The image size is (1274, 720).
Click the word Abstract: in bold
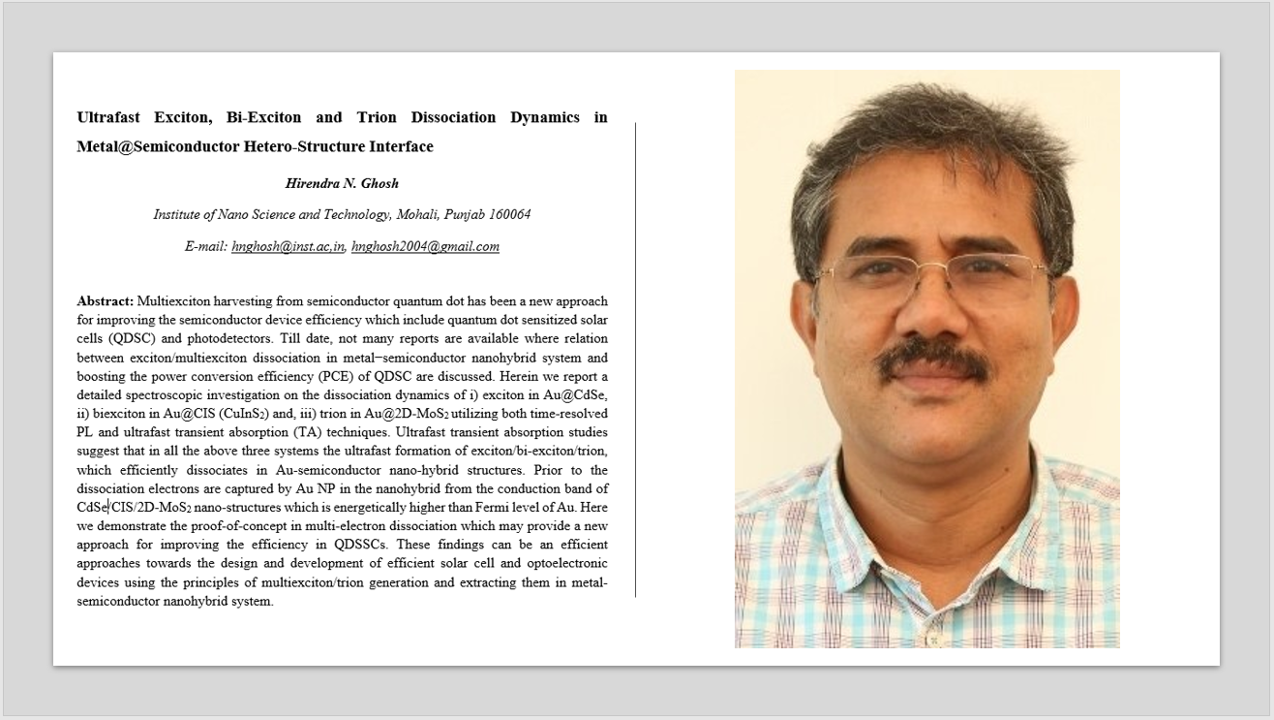coord(106,301)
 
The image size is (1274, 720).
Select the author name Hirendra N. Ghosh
coord(342,183)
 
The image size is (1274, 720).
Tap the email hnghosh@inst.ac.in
coord(288,246)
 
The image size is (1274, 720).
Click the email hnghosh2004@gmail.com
coord(425,246)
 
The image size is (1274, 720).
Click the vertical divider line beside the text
coord(636,359)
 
